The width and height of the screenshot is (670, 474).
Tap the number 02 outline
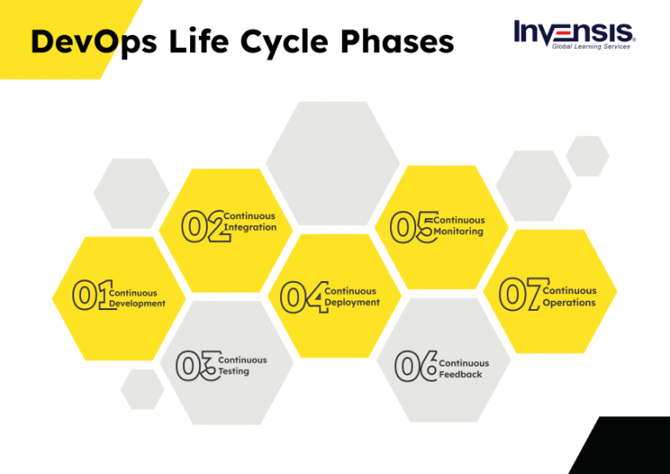pos(202,226)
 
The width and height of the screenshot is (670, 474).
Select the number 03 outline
pos(196,366)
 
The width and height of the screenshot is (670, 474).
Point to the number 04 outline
pos(302,297)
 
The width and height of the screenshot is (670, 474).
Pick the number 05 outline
pos(411,226)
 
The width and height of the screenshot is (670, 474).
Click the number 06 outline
pos(415,367)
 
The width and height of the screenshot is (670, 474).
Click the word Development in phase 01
pos(137,304)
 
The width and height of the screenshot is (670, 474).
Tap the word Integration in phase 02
pos(250,227)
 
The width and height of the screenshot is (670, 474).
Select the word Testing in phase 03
pos(234,371)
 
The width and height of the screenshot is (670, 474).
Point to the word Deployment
pos(352,302)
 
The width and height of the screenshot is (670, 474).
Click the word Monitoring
pos(458,232)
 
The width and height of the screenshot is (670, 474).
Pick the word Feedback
pos(461,374)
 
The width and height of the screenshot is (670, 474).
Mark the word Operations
pos(569,303)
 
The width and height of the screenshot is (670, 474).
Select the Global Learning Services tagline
pos(591,46)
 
